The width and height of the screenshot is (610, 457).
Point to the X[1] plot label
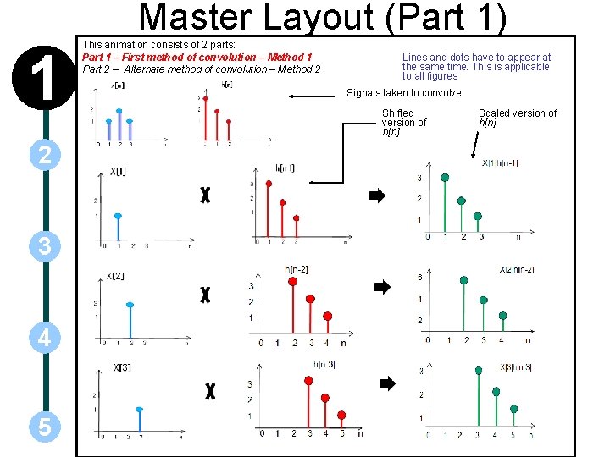(119, 172)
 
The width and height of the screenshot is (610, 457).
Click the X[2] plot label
(116, 276)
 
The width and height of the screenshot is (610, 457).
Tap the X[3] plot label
(123, 367)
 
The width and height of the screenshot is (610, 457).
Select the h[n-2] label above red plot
(297, 269)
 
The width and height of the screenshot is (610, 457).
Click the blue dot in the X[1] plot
(118, 217)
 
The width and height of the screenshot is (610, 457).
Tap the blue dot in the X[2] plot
(130, 305)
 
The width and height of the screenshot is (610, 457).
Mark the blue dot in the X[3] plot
(140, 409)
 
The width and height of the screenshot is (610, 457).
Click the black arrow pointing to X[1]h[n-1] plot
(377, 195)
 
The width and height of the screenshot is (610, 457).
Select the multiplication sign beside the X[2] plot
(205, 295)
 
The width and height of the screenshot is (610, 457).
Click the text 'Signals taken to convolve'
(404, 93)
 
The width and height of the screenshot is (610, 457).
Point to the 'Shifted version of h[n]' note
(404, 122)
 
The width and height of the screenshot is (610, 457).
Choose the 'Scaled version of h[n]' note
(518, 118)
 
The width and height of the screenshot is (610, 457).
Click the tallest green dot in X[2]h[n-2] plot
(463, 280)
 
